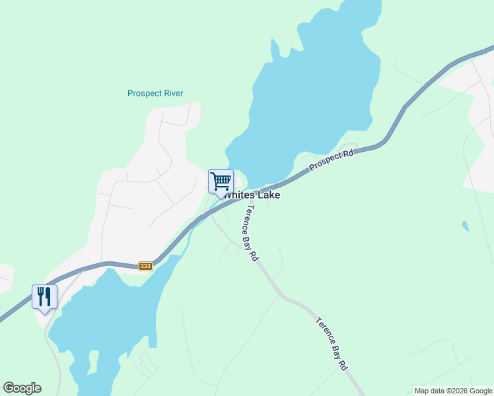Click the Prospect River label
(x=155, y=93)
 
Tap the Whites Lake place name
(x=252, y=195)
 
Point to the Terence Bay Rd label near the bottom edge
(x=331, y=344)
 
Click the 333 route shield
(x=146, y=266)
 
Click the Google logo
(x=22, y=388)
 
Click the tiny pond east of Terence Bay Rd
(x=466, y=226)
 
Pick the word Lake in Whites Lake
(x=268, y=195)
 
